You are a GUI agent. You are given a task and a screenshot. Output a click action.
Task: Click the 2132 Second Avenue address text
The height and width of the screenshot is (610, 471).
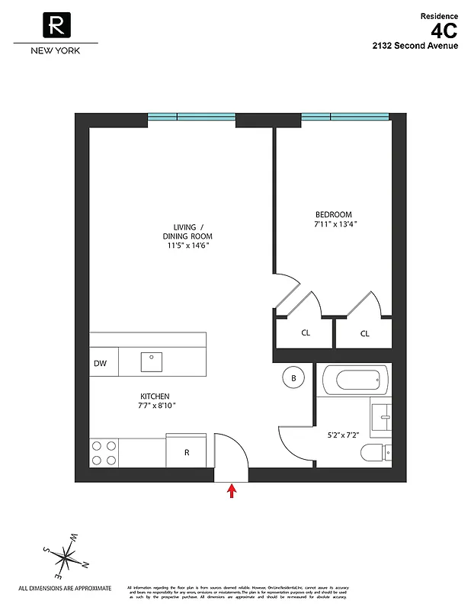coord(415,47)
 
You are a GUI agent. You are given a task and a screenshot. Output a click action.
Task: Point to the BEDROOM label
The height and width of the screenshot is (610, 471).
coord(334,215)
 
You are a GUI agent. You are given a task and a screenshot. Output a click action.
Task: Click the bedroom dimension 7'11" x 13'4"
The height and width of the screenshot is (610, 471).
coord(335,225)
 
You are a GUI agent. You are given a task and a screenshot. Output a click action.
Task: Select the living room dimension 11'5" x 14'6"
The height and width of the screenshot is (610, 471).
coord(184,246)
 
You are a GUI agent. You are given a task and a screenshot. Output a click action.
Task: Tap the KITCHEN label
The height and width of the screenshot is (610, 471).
coord(154,396)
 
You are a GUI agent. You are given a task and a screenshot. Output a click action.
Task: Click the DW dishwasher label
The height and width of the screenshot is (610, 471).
coord(100,364)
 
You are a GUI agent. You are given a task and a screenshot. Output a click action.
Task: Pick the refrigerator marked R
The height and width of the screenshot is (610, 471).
coord(187,451)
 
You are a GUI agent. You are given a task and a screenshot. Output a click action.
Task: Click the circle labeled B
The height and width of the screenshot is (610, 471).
coord(293,377)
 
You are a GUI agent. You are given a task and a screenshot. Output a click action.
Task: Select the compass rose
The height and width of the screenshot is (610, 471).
coord(66,557)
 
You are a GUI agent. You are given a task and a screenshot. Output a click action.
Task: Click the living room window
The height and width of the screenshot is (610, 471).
coord(191,117)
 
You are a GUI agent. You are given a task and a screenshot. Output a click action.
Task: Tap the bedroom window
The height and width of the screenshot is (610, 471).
coord(345,117)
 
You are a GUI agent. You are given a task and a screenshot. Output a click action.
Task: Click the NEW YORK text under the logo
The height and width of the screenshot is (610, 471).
coord(54,51)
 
